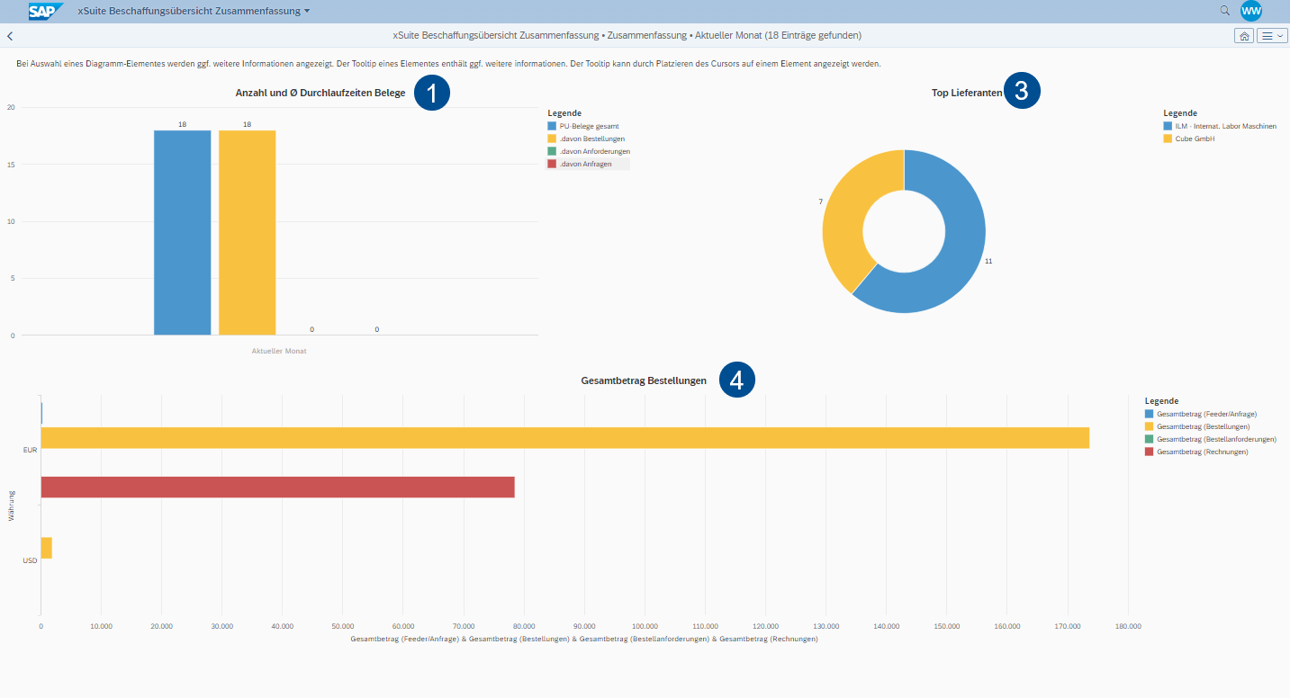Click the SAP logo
coord(45,11)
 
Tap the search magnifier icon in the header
coord(1224,11)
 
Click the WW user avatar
coord(1250,11)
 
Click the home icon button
coord(1243,36)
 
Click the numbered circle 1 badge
coord(431,94)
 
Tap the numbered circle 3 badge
coord(1022,91)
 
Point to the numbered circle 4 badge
coord(736,380)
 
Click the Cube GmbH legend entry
coord(1195,139)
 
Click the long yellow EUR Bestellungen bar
coord(564,438)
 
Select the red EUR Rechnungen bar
coord(277,487)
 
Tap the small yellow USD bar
coord(46,548)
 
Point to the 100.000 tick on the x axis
coord(645,626)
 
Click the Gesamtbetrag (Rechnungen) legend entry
coord(1201,452)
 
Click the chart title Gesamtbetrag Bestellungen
coord(644,381)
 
